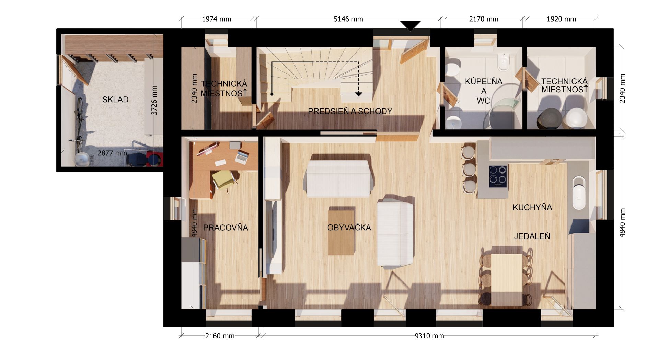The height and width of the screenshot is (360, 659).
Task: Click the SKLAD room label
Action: pos(115,100)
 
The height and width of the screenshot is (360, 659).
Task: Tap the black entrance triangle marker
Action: pos(410,26)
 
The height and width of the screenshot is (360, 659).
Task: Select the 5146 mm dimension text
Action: pos(348,19)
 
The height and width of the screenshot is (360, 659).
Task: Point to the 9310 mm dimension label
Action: pos(429,336)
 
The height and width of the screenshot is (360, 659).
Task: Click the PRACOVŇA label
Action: pos(226,228)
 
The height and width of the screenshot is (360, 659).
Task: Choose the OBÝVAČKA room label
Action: pos(349,228)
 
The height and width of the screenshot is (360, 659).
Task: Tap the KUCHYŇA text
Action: pos(532,207)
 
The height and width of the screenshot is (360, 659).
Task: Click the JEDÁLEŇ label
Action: pos(532,236)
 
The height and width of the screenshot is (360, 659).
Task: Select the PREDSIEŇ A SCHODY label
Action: pos(350,111)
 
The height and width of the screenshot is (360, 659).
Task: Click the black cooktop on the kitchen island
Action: pos(498,176)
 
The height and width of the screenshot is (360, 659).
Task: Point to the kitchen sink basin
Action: pos(579,193)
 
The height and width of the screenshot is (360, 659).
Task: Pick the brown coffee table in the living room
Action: pos(341,231)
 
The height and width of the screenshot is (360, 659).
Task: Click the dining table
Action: pos(507,280)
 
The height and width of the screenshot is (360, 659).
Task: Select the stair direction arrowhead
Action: pos(359,94)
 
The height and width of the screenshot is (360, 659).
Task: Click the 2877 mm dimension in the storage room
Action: pos(112,153)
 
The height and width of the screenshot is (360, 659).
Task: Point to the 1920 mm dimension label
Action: pos(562,19)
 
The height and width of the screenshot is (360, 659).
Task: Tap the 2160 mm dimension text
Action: pos(220,336)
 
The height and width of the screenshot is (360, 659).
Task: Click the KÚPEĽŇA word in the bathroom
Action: pos(484,81)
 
